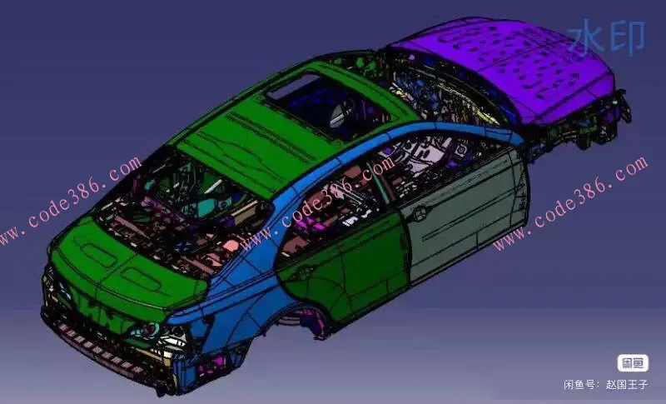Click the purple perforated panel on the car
click(x=509, y=68)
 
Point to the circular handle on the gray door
click(x=420, y=212)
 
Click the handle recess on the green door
click(x=304, y=272)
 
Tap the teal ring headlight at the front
click(x=151, y=329)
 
